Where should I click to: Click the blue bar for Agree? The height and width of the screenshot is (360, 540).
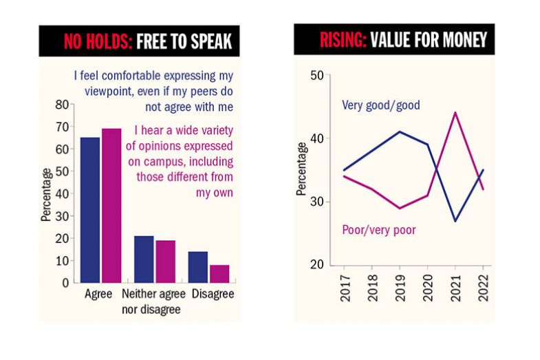90,210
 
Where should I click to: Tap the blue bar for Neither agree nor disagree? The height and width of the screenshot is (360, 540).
144,259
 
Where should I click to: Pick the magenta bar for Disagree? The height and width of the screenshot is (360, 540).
219,273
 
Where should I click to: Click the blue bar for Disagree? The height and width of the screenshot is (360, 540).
198,267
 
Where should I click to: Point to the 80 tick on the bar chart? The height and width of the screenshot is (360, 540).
62,105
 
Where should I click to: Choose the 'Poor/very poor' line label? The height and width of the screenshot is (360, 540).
378,230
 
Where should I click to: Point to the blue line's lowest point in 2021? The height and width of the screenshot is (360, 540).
455,221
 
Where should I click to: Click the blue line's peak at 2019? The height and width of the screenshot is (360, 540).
400,131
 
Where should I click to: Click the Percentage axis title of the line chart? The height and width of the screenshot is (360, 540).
301,169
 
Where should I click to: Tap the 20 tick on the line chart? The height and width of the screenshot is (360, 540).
317,265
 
